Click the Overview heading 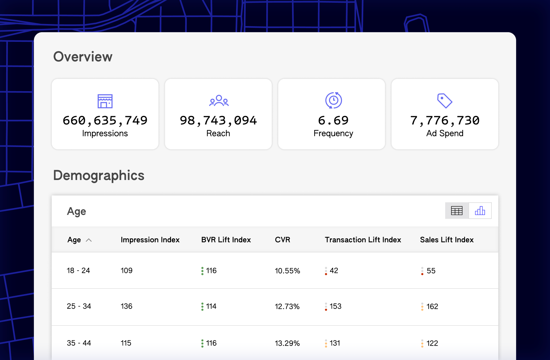click(83, 57)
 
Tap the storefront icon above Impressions click(105, 101)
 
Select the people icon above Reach click(219, 100)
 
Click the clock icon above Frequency click(333, 100)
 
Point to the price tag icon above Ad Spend click(445, 100)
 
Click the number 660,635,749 click(105, 120)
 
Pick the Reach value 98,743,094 click(218, 120)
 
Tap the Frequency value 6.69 click(333, 120)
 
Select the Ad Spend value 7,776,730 click(445, 120)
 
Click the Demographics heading click(99, 176)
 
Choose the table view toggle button click(457, 211)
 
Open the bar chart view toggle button click(480, 211)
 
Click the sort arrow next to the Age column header click(89, 240)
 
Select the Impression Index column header click(150, 240)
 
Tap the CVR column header click(282, 240)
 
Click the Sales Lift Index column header click(447, 240)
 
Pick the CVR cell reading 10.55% click(287, 271)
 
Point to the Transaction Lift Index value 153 click(335, 306)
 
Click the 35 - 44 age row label click(79, 343)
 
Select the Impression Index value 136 click(126, 306)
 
